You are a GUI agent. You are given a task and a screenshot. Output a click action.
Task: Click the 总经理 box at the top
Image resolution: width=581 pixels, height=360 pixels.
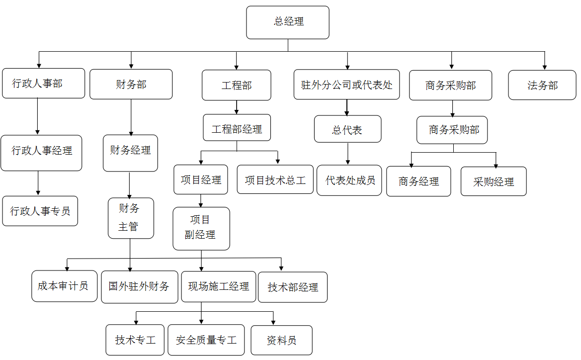[x=288, y=22]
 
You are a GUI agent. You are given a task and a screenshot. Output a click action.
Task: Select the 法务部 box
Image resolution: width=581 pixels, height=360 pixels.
[x=542, y=85]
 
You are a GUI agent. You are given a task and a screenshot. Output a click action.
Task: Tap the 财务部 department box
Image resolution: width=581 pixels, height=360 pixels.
[x=131, y=84]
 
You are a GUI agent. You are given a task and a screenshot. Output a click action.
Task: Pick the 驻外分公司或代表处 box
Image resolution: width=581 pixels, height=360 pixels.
[x=347, y=85]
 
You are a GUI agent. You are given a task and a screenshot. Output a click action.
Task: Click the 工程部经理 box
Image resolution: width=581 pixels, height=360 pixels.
[x=237, y=128]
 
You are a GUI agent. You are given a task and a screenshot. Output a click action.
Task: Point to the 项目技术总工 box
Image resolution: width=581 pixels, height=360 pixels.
[x=275, y=180]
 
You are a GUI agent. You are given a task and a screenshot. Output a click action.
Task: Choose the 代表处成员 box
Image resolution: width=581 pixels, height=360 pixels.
[x=349, y=180]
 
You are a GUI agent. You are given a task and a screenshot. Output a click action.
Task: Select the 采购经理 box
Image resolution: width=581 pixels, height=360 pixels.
[x=494, y=181]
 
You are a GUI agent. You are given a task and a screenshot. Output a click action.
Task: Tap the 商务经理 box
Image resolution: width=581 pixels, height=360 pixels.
[x=419, y=181]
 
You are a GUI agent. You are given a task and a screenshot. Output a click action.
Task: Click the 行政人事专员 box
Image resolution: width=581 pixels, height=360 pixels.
[x=40, y=211]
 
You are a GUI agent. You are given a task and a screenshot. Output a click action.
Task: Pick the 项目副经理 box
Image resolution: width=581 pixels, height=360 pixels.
[x=201, y=228]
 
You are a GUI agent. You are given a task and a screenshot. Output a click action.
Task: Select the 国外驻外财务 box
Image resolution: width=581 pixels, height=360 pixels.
[x=140, y=287]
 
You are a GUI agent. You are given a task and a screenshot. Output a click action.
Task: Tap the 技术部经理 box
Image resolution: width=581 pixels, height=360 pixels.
[x=293, y=287]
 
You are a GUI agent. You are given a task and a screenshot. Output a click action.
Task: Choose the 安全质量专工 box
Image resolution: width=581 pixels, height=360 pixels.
[x=206, y=340]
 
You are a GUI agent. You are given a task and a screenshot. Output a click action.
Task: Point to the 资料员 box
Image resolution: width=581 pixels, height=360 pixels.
[x=282, y=340]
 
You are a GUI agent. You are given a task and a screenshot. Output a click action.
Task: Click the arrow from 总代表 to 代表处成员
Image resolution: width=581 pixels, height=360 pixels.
[x=348, y=154]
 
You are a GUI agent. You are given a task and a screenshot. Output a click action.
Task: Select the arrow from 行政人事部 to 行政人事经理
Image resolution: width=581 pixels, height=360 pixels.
[x=38, y=116]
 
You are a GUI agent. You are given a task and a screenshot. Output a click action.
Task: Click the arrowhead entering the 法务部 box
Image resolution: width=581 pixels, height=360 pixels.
[x=544, y=66]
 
